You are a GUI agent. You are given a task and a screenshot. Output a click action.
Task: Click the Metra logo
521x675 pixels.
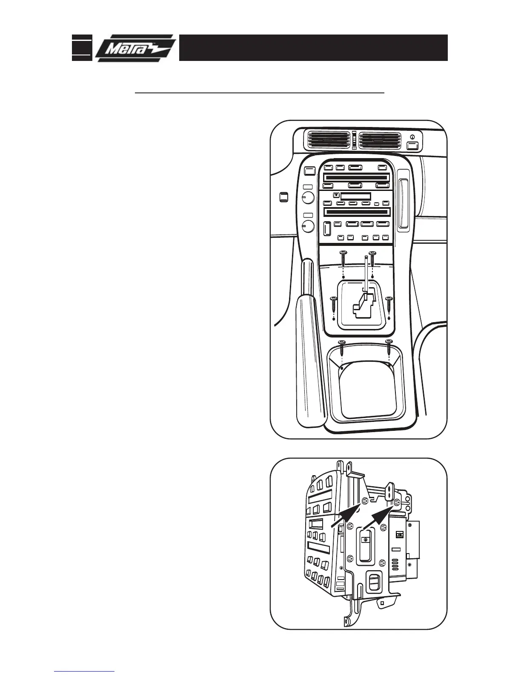[x=135, y=48]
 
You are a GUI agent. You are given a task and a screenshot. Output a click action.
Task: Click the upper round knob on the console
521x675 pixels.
[x=308, y=198]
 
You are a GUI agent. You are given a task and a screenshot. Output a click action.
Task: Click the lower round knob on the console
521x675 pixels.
[x=308, y=226]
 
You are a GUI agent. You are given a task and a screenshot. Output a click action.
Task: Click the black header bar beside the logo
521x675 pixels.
[x=313, y=48]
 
